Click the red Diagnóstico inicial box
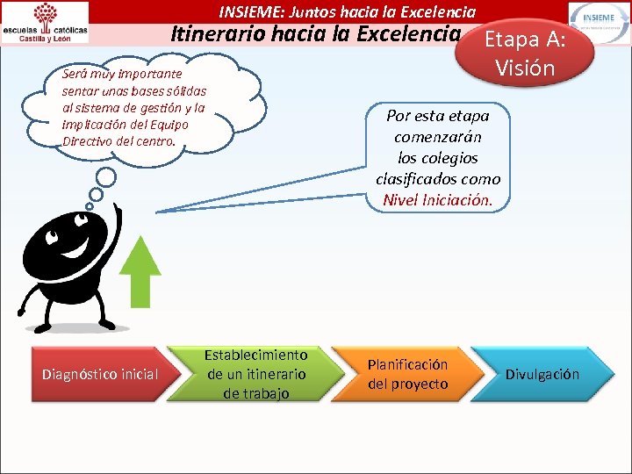[x=100, y=375]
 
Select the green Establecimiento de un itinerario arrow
[x=255, y=374]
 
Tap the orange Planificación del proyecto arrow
[x=407, y=374]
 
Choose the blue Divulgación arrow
[x=542, y=374]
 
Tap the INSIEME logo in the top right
[x=599, y=21]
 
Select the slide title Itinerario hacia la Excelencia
[x=315, y=35]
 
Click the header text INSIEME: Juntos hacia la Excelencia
[x=348, y=11]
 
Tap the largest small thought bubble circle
[x=106, y=177]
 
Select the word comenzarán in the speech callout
[x=437, y=137]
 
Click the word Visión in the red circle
[x=524, y=68]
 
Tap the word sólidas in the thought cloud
[x=188, y=92]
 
